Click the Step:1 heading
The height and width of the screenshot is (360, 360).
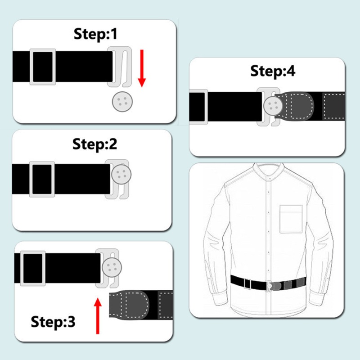click(95, 34)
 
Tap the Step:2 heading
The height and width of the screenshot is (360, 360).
click(94, 144)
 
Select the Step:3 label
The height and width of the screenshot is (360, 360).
click(53, 321)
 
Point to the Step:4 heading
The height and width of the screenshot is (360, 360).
click(273, 71)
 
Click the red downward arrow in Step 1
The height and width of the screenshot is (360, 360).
click(142, 68)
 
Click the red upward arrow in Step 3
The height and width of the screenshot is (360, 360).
click(98, 316)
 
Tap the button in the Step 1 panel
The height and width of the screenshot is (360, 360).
click(122, 102)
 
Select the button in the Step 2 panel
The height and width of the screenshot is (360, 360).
click(121, 174)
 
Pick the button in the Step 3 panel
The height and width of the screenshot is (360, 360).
click(112, 267)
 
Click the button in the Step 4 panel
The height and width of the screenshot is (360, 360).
click(273, 105)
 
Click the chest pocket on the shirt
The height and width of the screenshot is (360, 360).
click(291, 219)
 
